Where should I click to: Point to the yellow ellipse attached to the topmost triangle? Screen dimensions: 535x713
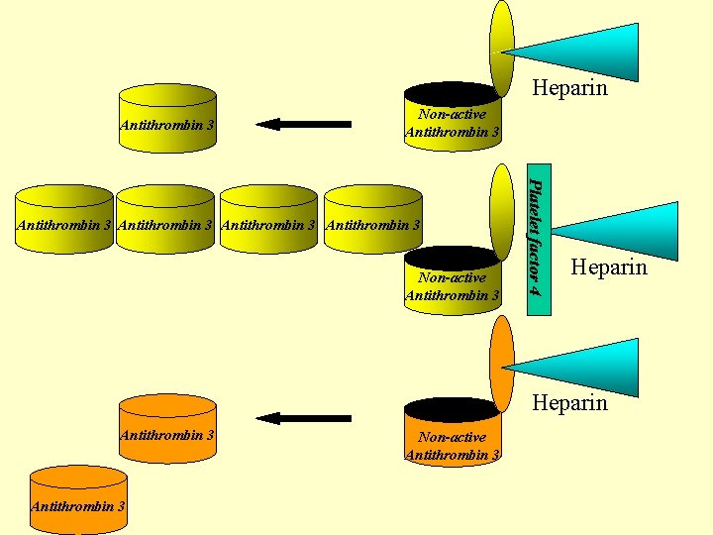coord(503,45)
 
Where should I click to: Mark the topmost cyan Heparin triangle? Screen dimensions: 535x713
coord(584,50)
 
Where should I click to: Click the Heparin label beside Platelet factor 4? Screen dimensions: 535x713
coord(609,267)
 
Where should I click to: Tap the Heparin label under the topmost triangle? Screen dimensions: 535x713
coord(569,88)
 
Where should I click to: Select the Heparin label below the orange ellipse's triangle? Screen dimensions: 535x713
coord(569,402)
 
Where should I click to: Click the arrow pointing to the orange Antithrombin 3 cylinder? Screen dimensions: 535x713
coord(303,418)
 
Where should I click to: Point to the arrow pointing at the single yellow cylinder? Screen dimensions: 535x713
coord(303,124)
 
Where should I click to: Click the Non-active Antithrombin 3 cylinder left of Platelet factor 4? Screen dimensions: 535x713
coord(453,282)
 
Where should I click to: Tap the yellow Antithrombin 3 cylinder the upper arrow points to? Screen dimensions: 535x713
coord(167,119)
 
